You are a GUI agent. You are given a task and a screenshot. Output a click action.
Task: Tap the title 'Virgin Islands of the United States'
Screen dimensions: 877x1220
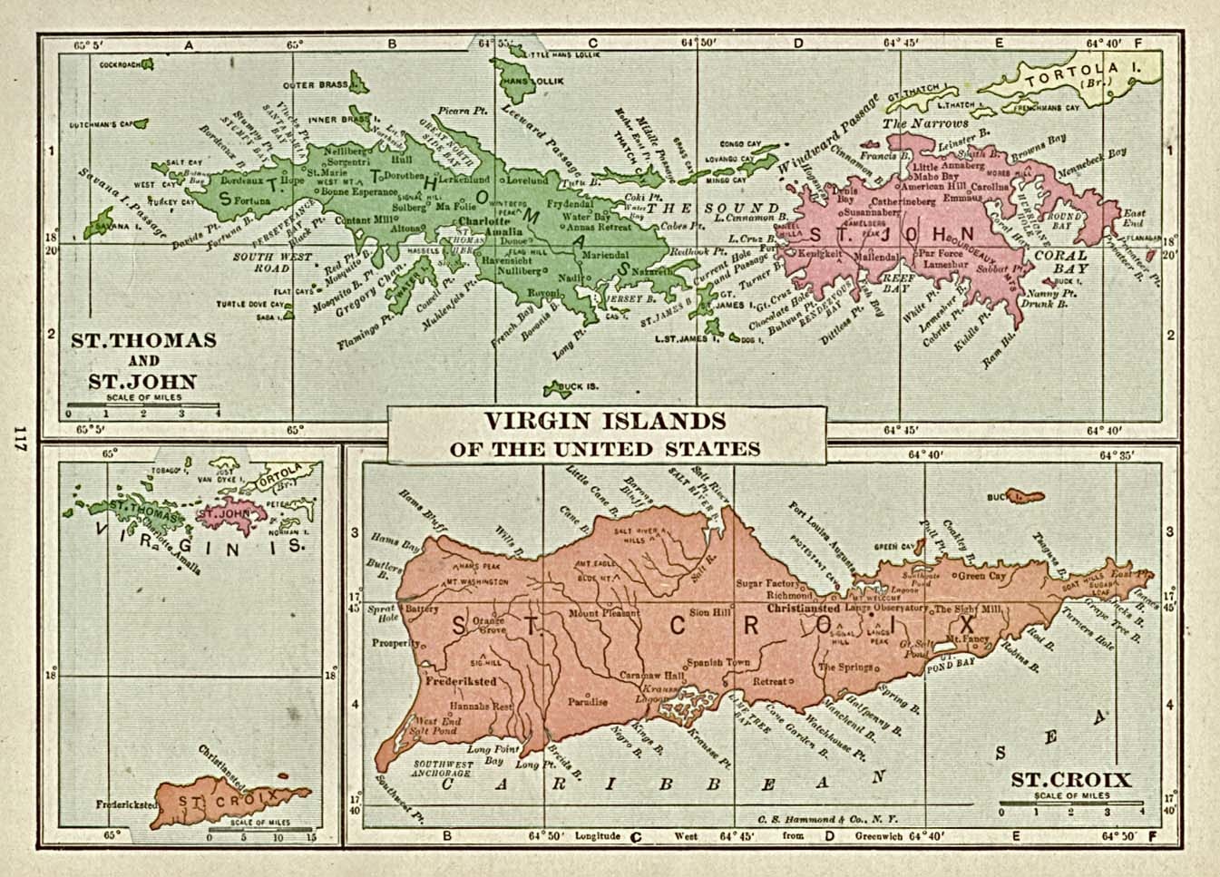point(605,434)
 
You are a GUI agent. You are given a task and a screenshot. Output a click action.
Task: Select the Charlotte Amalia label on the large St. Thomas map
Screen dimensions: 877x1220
point(491,227)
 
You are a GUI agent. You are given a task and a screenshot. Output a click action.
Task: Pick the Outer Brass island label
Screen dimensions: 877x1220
point(316,85)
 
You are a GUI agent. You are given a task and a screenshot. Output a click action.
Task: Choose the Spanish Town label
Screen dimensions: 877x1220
point(717,662)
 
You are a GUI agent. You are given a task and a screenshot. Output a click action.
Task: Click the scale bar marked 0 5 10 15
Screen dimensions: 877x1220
point(260,829)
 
